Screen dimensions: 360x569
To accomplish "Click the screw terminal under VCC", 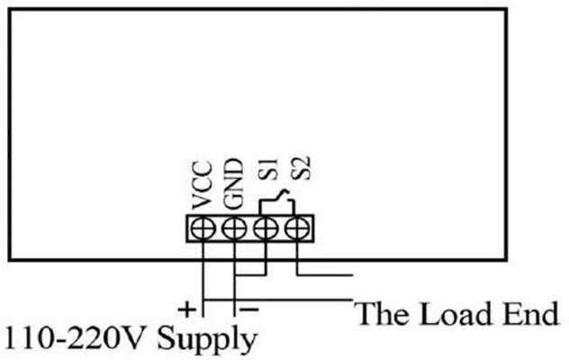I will [x=204, y=227].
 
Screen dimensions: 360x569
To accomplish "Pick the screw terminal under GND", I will [x=234, y=227].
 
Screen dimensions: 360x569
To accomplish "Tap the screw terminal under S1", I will [x=265, y=227].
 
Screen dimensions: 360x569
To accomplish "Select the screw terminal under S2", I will [x=295, y=227].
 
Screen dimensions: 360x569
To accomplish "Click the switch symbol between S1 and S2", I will [x=281, y=199].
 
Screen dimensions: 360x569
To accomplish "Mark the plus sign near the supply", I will [x=186, y=309].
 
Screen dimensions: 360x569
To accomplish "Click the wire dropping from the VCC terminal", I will [x=204, y=270].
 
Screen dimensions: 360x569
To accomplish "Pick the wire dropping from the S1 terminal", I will [x=265, y=256].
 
